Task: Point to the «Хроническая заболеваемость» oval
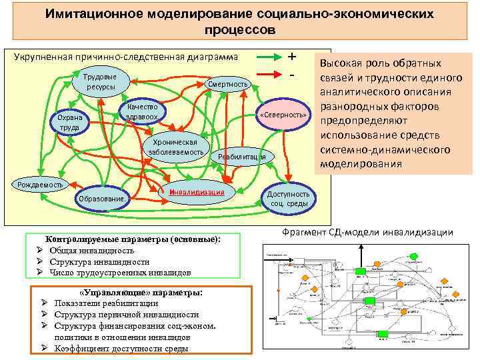[175, 148]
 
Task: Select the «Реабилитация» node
[241, 157]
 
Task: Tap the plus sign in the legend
[291, 57]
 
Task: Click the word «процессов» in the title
[239, 30]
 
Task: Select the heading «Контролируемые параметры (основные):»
[132, 239]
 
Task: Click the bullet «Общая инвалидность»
[91, 250]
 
